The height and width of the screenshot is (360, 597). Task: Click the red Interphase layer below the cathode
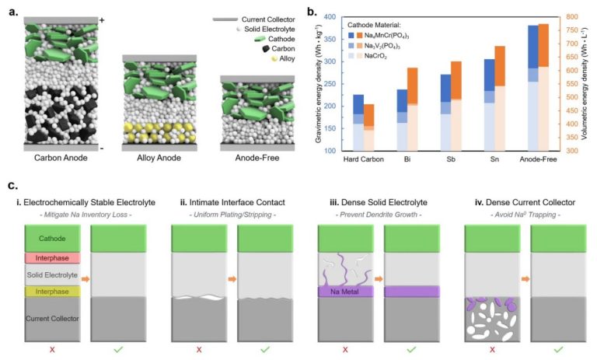coord(53,257)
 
